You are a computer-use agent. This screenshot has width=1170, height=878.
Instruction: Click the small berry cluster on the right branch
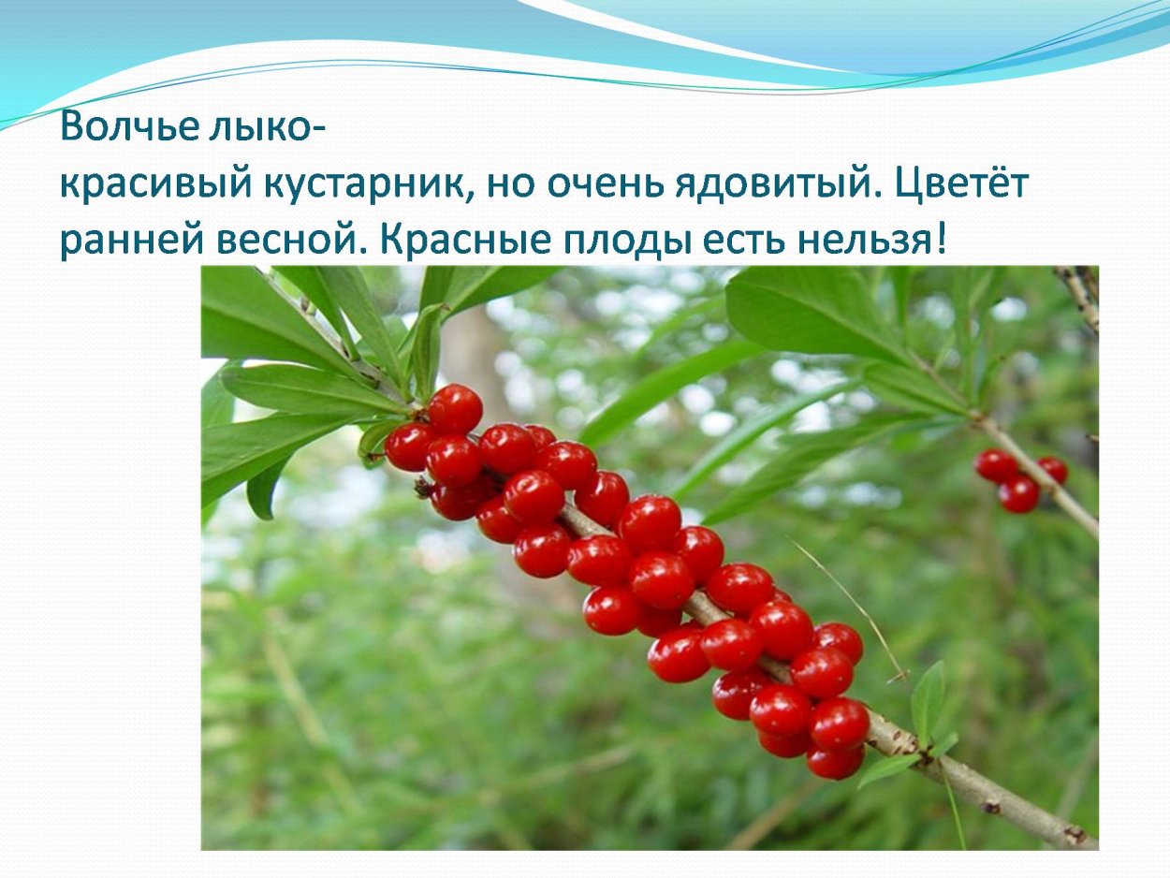[x=1019, y=477]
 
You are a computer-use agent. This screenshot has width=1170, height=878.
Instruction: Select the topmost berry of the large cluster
[x=455, y=408]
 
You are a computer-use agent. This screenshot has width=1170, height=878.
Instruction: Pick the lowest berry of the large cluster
[x=834, y=761]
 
